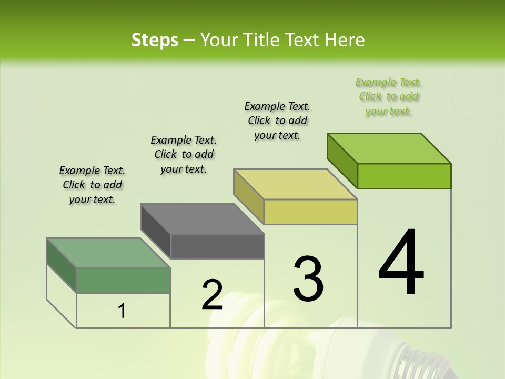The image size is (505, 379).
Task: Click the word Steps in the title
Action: [155, 40]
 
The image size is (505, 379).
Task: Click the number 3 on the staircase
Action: [308, 278]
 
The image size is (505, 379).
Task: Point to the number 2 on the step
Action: [213, 295]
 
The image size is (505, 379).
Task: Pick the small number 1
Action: [122, 311]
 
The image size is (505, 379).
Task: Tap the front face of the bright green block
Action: [404, 176]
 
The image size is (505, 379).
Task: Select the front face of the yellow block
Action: [310, 212]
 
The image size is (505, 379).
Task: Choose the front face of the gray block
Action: [217, 246]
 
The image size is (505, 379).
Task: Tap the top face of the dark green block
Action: [108, 253]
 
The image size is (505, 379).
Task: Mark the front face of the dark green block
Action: [123, 280]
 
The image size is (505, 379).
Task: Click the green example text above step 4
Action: [389, 97]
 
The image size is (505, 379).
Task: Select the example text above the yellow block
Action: [277, 121]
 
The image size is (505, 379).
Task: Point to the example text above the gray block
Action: [184, 155]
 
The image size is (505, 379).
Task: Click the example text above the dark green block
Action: [92, 185]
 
